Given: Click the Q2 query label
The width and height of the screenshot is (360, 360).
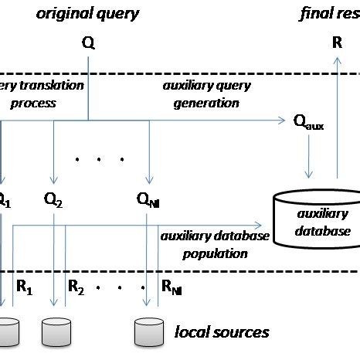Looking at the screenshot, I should coord(53,202).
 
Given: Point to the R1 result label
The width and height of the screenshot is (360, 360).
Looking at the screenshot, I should coord(25,287).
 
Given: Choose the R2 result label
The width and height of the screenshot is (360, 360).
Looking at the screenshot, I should coord(76,287).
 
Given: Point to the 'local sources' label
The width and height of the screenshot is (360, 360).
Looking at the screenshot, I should coord(222,332).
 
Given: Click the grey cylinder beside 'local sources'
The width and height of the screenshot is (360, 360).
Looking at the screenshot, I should coord(148,331).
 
